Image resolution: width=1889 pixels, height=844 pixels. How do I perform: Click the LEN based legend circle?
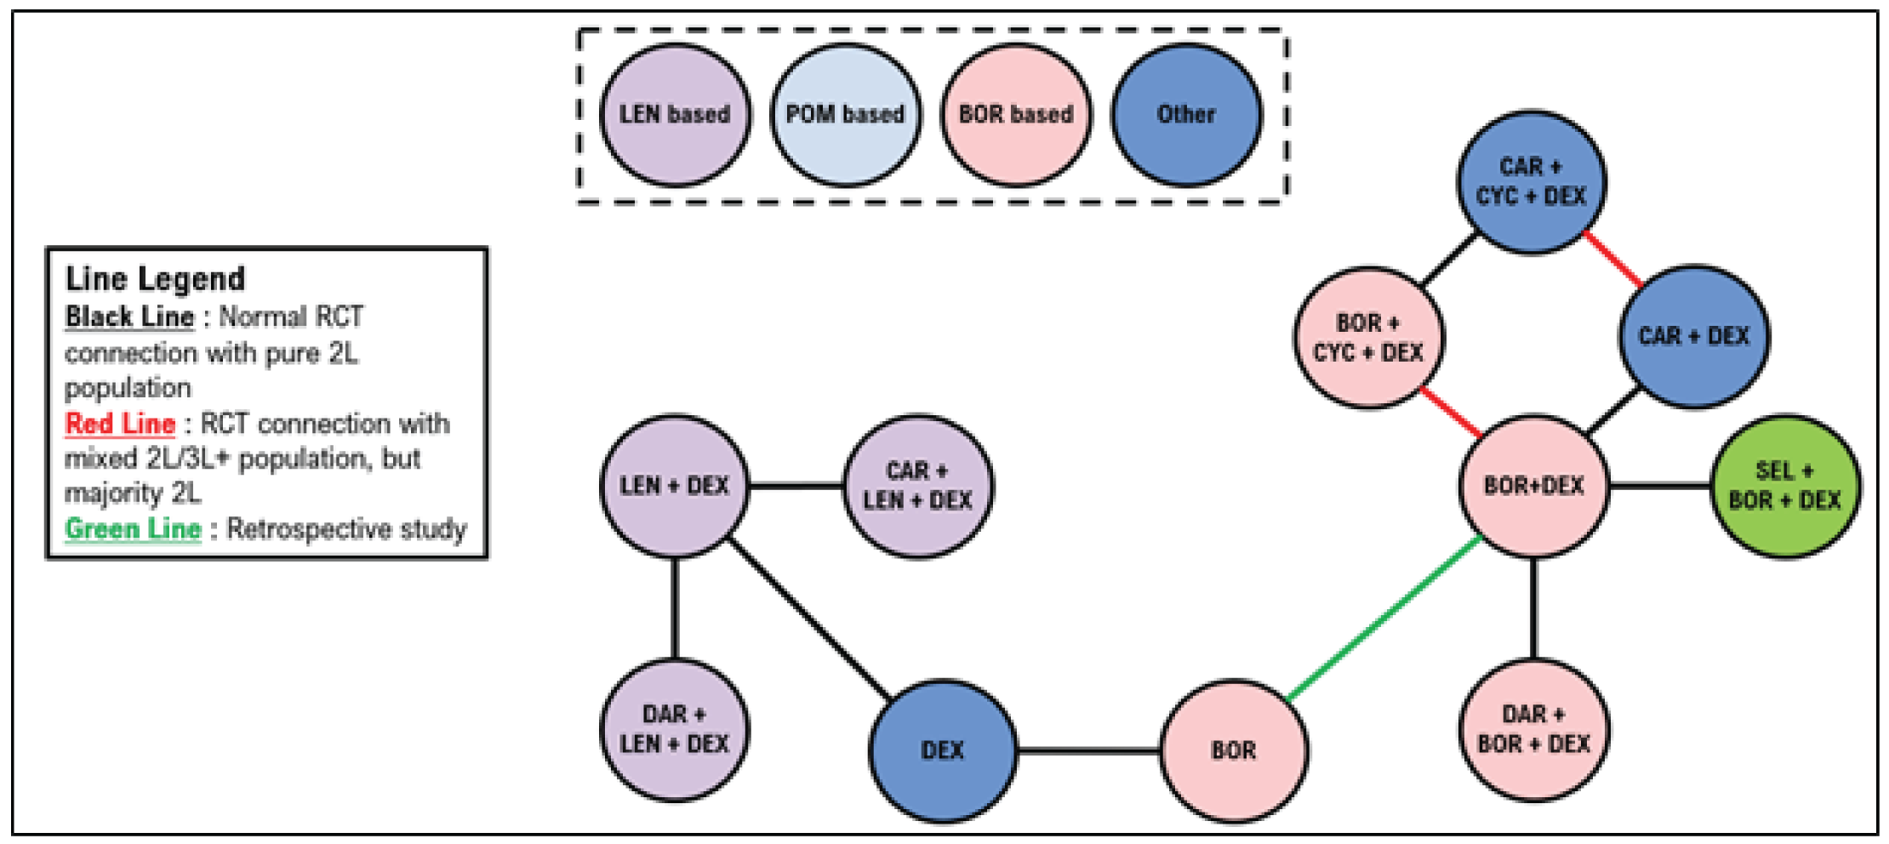tap(675, 115)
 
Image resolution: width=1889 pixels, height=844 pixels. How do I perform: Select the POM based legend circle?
tap(845, 115)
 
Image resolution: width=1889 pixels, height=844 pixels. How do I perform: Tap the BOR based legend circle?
tap(1015, 115)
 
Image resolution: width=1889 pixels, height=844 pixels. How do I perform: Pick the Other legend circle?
tap(1186, 115)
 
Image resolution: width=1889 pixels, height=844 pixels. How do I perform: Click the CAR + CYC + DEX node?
tap(1531, 181)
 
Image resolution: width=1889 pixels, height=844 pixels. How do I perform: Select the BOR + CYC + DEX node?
tap(1368, 338)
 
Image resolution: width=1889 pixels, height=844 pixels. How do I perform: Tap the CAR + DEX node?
tap(1693, 336)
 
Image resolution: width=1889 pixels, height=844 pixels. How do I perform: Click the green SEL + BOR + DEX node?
tap(1784, 486)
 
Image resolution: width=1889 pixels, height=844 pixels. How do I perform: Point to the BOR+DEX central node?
tap(1533, 486)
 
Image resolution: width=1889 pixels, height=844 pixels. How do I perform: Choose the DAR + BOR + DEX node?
tap(1533, 729)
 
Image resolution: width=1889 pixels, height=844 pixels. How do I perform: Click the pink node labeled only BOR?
tap(1233, 750)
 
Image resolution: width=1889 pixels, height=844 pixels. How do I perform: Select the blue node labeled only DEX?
tap(942, 750)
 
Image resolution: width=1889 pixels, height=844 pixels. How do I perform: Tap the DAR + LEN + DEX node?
tap(674, 729)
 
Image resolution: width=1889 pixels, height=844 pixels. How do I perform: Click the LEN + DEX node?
tap(674, 486)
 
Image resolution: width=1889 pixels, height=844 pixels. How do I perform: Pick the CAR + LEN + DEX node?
tap(916, 486)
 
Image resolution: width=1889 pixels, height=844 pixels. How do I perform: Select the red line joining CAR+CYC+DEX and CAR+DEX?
tap(1613, 259)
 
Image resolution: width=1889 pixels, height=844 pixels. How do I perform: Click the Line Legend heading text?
tap(155, 279)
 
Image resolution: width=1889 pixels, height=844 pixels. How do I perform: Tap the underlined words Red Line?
tap(120, 424)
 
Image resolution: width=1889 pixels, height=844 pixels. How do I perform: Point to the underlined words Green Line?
tap(133, 529)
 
